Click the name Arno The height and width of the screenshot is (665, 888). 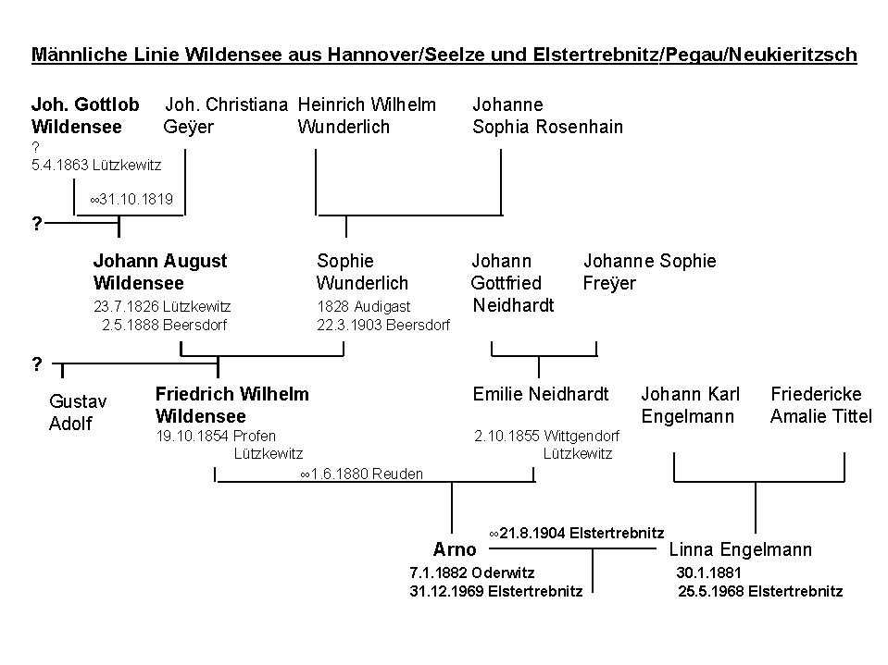click(x=455, y=550)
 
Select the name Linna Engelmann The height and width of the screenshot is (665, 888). click(x=740, y=550)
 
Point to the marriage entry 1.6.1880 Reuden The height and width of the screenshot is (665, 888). click(x=361, y=474)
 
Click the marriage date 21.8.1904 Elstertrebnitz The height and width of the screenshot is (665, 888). click(x=576, y=533)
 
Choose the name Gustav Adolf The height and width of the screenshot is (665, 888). click(x=78, y=413)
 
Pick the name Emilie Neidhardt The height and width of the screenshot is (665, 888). click(x=541, y=395)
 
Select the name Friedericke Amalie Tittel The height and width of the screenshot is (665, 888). click(x=820, y=405)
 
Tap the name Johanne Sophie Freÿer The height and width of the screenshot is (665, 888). click(x=649, y=272)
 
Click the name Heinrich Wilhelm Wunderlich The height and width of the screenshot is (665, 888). click(x=367, y=116)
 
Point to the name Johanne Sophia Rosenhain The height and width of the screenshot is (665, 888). click(x=547, y=116)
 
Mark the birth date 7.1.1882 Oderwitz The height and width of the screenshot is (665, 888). click(x=471, y=573)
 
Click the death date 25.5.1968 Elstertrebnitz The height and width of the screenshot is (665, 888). click(x=760, y=591)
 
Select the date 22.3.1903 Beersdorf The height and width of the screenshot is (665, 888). click(x=382, y=325)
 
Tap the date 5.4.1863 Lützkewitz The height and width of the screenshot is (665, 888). click(x=95, y=166)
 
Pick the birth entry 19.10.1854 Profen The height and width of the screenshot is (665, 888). click(x=216, y=436)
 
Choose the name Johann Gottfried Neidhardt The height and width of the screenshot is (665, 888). click(x=512, y=283)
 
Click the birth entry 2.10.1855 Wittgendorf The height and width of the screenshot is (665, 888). click(x=546, y=436)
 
